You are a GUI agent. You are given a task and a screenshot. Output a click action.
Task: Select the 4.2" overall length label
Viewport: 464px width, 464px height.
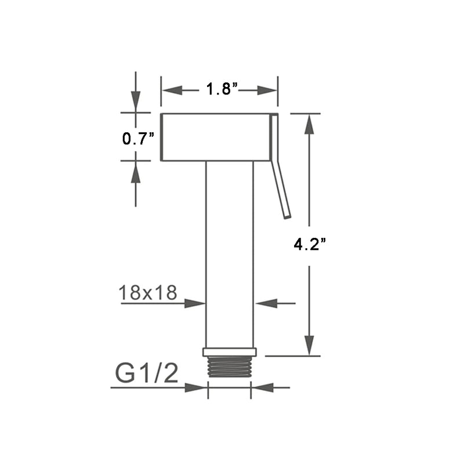click(x=309, y=245)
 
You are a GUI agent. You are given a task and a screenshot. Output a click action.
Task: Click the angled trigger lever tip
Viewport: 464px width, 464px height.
click(x=287, y=215)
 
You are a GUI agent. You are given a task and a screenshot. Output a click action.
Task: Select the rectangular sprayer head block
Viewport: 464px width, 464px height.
click(x=215, y=137)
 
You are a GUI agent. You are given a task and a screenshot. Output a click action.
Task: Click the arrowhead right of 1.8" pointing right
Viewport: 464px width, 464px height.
click(x=267, y=90)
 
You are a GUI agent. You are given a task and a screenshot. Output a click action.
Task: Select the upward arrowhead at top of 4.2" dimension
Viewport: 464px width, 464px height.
click(x=310, y=124)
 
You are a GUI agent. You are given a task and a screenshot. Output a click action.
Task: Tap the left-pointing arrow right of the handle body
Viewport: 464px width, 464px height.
click(x=264, y=303)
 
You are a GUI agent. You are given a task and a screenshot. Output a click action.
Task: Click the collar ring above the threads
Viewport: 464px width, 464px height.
click(x=230, y=352)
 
